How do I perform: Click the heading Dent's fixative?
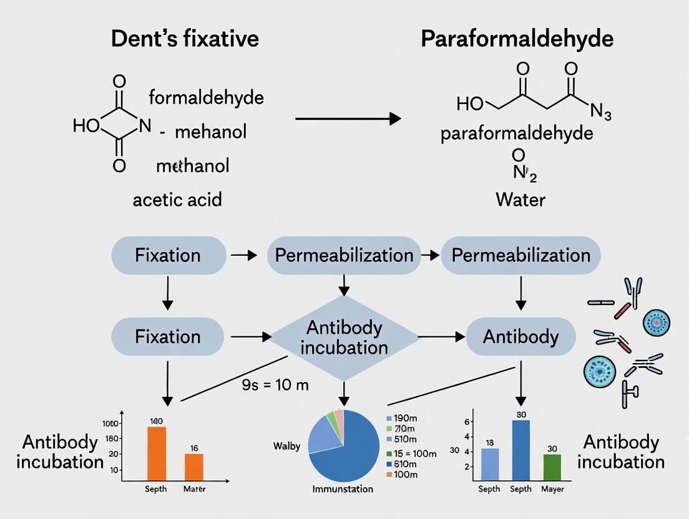(x=185, y=39)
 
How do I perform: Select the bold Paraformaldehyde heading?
(x=517, y=39)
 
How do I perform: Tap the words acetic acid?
(x=177, y=200)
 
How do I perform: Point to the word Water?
(x=520, y=200)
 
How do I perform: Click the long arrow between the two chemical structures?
(x=347, y=118)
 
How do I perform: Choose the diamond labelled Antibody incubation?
(x=344, y=337)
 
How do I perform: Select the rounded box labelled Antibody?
(x=520, y=337)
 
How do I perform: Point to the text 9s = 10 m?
(x=275, y=385)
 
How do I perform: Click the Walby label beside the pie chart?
(x=287, y=446)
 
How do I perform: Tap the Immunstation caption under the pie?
(x=343, y=489)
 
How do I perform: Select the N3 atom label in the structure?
(x=600, y=113)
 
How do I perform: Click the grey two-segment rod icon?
(x=601, y=303)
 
